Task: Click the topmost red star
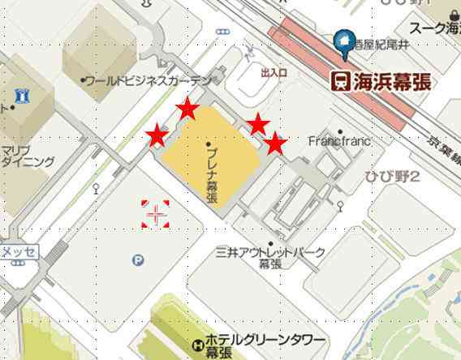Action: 188,109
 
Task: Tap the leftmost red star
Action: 157,135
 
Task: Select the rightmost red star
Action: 277,144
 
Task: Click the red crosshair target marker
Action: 155,214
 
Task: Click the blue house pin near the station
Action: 347,43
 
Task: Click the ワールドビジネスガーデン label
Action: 147,81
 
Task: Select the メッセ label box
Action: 18,251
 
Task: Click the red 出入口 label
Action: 274,73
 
